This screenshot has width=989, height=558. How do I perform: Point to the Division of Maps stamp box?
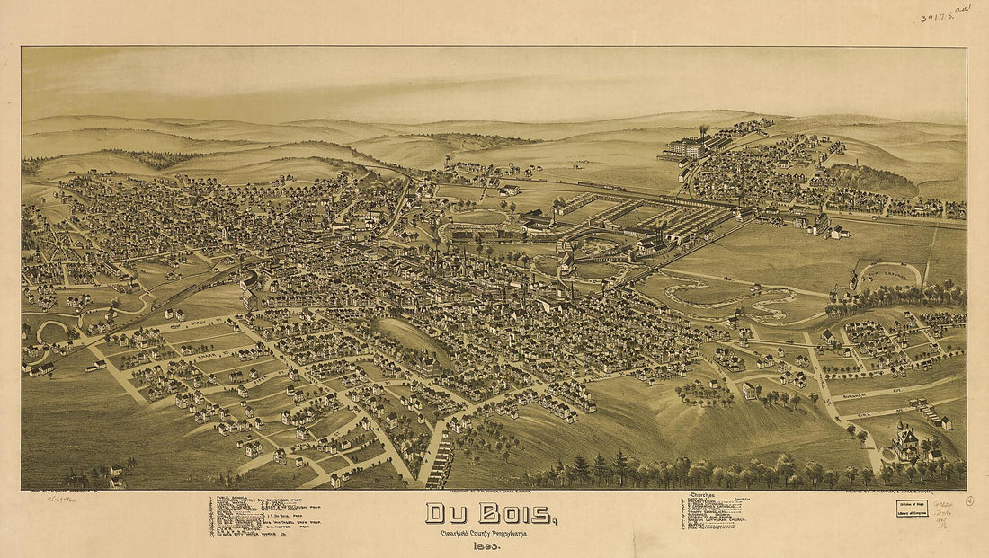[911, 509]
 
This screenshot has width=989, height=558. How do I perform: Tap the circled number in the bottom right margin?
[969, 500]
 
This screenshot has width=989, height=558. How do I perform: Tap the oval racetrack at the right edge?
[889, 273]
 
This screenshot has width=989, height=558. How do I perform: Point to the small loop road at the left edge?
[50, 332]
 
